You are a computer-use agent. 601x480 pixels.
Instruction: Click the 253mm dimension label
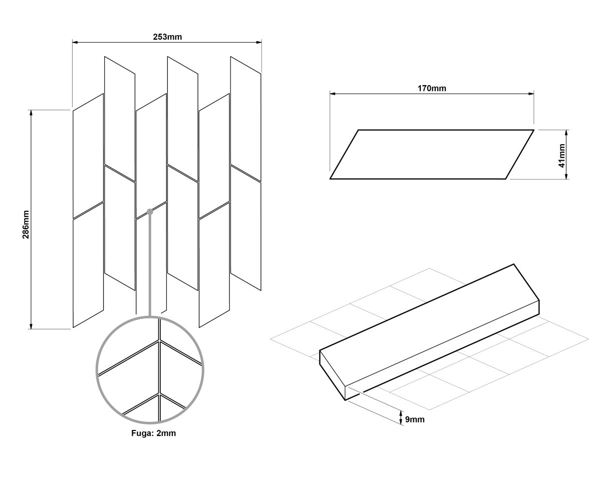click(167, 37)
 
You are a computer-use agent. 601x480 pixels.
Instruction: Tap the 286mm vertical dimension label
click(26, 225)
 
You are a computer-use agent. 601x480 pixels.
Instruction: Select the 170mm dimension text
click(432, 88)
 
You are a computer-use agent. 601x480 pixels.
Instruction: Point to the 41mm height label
click(561, 156)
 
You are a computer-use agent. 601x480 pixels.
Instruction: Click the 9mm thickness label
click(415, 419)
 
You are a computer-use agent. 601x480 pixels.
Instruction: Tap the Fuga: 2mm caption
click(154, 433)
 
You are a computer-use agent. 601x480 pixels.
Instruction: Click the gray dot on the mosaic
click(150, 212)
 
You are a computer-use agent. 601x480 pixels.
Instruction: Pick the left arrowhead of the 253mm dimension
click(75, 42)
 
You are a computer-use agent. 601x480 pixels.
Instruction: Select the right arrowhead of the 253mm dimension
click(259, 42)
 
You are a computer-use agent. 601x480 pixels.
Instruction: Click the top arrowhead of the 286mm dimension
click(31, 113)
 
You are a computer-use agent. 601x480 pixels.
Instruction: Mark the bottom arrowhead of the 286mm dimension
click(31, 326)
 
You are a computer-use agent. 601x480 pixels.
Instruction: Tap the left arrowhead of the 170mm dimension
click(333, 94)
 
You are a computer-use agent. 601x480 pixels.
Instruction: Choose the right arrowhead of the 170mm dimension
click(531, 94)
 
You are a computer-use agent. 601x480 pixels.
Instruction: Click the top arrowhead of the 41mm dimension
click(566, 133)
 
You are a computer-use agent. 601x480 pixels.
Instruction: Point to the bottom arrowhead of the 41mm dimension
click(566, 176)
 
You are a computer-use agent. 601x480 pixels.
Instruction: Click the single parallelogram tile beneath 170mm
click(432, 154)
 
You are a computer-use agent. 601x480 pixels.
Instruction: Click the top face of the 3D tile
click(429, 325)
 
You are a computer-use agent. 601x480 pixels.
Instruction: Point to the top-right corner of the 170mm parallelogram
click(534, 130)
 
